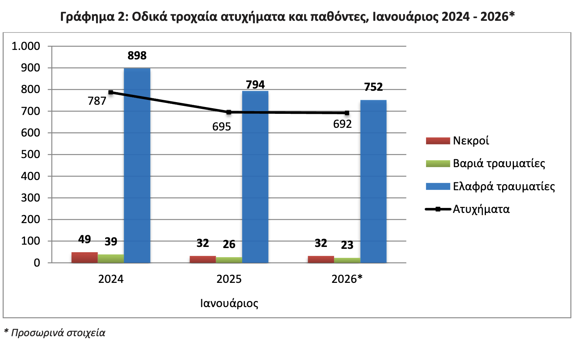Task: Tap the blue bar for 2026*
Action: click(x=373, y=181)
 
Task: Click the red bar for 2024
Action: click(x=84, y=258)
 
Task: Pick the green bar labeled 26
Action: click(x=229, y=260)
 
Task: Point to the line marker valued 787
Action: click(x=111, y=92)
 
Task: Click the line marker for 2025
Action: click(x=229, y=112)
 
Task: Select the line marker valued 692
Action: click(x=347, y=113)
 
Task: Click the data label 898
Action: click(x=137, y=56)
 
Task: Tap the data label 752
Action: click(x=373, y=87)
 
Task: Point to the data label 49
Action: click(x=84, y=239)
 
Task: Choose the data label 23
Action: click(x=347, y=245)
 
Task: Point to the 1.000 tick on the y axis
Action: click(x=26, y=46)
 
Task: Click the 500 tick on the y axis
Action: click(x=31, y=154)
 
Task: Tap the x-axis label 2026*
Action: click(x=347, y=279)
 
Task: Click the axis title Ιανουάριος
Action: click(x=229, y=303)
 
